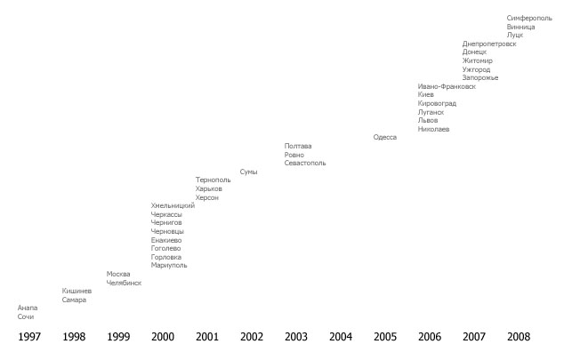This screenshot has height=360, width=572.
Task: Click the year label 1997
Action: tap(29, 337)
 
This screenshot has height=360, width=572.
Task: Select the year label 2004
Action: tap(341, 337)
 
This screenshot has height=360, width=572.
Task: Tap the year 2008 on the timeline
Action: tap(519, 337)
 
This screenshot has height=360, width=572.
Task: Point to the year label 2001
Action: tap(207, 337)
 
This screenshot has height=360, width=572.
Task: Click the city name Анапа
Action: tap(28, 308)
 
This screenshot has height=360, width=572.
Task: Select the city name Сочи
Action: tap(26, 316)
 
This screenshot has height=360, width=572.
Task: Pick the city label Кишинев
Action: tap(77, 291)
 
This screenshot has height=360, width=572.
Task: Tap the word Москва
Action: tap(118, 274)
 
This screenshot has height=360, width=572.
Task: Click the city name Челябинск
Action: tap(124, 283)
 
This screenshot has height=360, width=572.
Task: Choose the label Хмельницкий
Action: tap(173, 206)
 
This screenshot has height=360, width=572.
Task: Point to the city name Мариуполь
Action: tap(169, 265)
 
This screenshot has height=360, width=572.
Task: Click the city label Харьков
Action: tap(208, 188)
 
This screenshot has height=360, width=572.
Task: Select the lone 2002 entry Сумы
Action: tap(248, 172)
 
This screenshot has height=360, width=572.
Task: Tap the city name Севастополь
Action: tap(305, 164)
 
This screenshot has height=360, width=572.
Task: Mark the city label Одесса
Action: tap(384, 138)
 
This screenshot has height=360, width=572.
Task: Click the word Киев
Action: tap(425, 95)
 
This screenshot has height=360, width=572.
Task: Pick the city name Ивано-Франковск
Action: tap(447, 87)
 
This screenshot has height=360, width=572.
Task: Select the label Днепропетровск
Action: tap(488, 44)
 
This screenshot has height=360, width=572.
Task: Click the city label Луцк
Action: tap(515, 35)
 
